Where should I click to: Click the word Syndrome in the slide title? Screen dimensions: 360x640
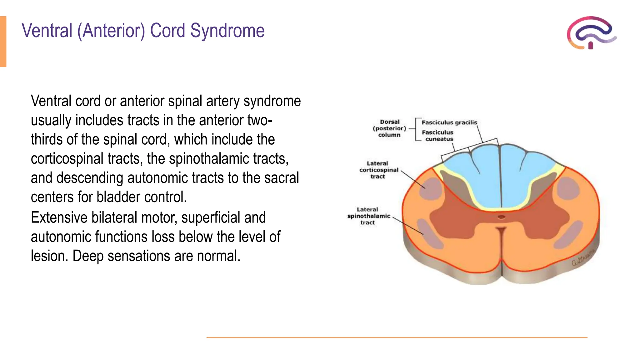click(227, 31)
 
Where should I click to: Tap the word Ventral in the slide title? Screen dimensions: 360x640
click(47, 31)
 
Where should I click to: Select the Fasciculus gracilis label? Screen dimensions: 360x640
click(449, 122)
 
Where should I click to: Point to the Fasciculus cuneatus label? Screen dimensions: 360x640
click(437, 136)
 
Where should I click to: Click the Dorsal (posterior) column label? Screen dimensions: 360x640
click(389, 128)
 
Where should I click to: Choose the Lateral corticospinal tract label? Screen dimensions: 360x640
click(378, 170)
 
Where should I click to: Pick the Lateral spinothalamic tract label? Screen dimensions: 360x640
click(368, 216)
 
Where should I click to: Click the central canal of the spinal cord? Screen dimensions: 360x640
click(501, 217)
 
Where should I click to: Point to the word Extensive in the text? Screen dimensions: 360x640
click(59, 217)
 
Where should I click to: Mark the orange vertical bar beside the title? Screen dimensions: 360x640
click(3, 41)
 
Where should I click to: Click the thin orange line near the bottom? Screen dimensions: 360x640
click(397, 337)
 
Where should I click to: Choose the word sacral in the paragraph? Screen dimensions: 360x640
click(282, 178)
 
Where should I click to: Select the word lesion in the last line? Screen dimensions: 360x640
click(49, 256)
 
